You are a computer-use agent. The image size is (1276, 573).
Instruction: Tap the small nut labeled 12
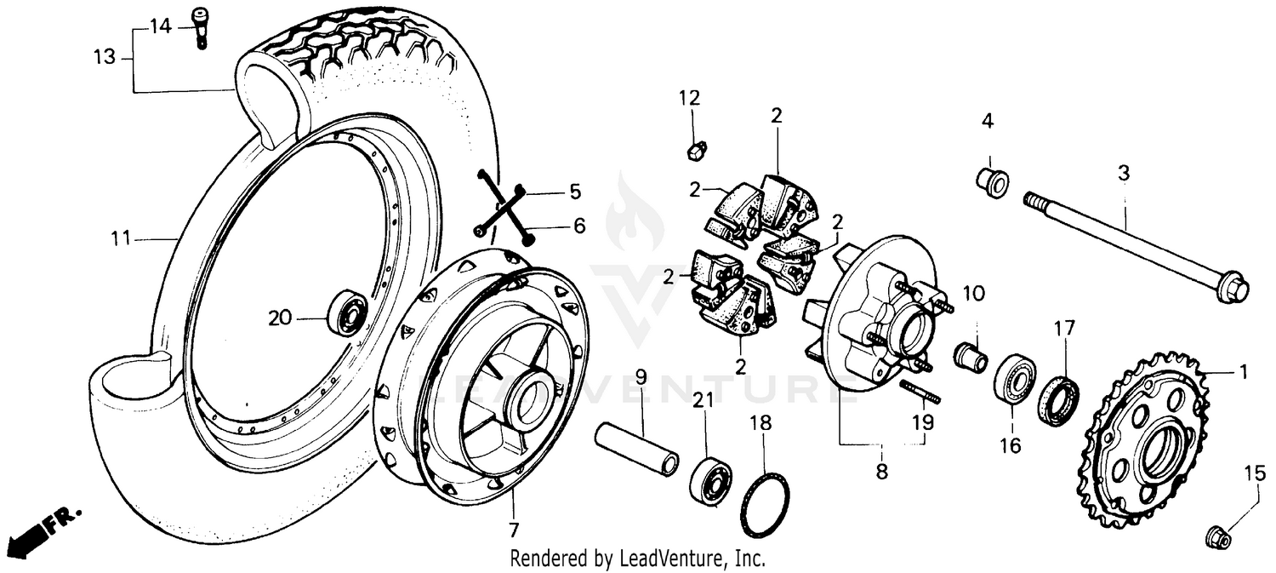[x=693, y=151]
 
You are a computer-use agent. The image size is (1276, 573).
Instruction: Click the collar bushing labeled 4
[x=993, y=180]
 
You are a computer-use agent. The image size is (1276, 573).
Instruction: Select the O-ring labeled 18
[x=766, y=507]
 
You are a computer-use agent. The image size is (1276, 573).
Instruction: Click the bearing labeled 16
[x=1015, y=379]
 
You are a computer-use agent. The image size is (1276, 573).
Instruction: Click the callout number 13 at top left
[x=104, y=58]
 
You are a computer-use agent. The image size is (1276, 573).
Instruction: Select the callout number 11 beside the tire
[x=121, y=239]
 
